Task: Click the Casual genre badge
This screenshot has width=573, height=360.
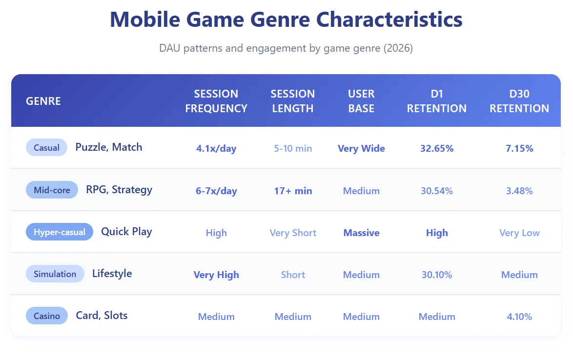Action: pyautogui.click(x=46, y=148)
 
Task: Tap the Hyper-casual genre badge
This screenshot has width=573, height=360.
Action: pyautogui.click(x=59, y=232)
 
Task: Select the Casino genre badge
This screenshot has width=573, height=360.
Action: pyautogui.click(x=47, y=316)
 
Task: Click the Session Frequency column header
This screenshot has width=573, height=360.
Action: pyautogui.click(x=216, y=101)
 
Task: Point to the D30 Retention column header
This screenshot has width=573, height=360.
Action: pyautogui.click(x=519, y=101)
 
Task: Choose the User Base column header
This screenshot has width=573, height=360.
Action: pyautogui.click(x=361, y=101)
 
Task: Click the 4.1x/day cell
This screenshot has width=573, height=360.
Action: pyautogui.click(x=216, y=149)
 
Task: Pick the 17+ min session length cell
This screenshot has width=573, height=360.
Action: pyautogui.click(x=293, y=191)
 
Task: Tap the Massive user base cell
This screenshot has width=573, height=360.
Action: pyautogui.click(x=361, y=233)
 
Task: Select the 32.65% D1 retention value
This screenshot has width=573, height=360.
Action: pyautogui.click(x=437, y=149)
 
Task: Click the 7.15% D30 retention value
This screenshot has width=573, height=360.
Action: pyautogui.click(x=519, y=149)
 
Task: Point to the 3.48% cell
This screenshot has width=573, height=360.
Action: pyautogui.click(x=519, y=191)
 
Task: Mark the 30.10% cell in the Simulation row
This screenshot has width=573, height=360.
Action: pyautogui.click(x=437, y=275)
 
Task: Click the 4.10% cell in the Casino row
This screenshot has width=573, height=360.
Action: pyautogui.click(x=519, y=317)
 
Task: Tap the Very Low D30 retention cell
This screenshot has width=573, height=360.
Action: pyautogui.click(x=519, y=233)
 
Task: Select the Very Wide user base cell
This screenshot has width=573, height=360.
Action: pyautogui.click(x=361, y=149)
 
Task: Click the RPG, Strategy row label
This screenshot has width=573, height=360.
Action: pyautogui.click(x=119, y=190)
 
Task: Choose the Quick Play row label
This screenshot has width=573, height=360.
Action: pyautogui.click(x=126, y=232)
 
